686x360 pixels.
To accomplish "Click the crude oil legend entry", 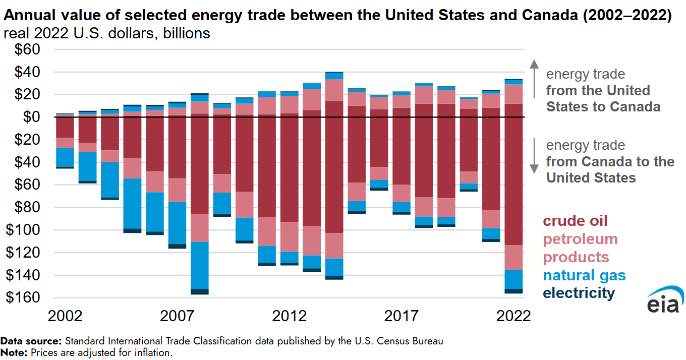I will click(x=575, y=221).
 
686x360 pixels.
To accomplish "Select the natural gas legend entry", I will click(x=584, y=275).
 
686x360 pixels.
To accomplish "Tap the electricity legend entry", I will click(x=579, y=293).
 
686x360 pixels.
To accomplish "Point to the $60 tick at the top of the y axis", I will click(x=25, y=50).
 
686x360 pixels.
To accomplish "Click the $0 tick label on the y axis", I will click(x=31, y=117).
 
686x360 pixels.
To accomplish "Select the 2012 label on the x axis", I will click(x=290, y=316).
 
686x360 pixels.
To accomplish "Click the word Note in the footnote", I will click(x=14, y=352).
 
